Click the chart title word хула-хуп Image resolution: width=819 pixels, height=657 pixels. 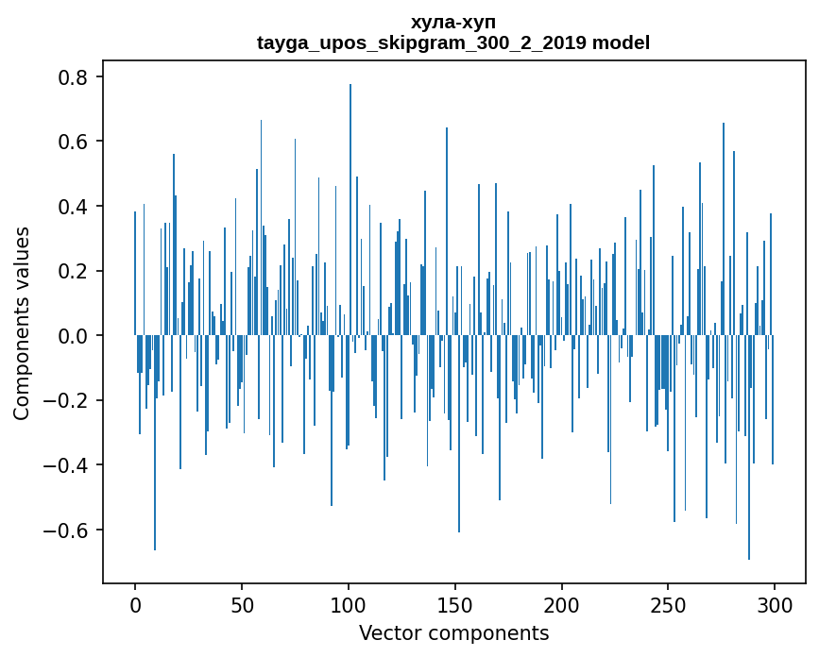(453, 22)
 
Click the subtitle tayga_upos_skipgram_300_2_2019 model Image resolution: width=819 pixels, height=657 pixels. (453, 42)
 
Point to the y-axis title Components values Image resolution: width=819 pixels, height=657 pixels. (22, 323)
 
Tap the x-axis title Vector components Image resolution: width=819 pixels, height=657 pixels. (453, 632)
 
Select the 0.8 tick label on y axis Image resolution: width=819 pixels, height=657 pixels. (75, 77)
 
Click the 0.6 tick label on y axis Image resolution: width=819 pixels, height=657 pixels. (75, 142)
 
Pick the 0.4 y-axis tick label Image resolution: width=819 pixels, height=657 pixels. (75, 207)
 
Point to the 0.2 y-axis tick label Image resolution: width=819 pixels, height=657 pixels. (75, 271)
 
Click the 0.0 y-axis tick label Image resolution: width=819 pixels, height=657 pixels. (75, 336)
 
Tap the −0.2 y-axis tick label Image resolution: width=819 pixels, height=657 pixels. (67, 400)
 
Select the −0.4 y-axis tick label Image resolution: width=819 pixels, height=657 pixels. (67, 465)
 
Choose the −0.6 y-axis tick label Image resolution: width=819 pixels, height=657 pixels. (67, 530)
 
